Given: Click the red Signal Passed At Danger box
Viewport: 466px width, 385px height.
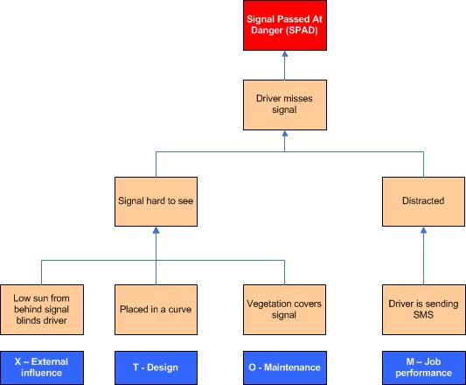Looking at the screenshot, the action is (x=285, y=25).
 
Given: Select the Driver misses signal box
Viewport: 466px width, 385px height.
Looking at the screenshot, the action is (x=285, y=105).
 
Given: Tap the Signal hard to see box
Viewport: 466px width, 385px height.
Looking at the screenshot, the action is (x=156, y=201).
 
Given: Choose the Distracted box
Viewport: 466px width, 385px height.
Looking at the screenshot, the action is (x=423, y=201).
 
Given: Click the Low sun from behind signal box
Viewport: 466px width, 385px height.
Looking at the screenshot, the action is (x=42, y=310).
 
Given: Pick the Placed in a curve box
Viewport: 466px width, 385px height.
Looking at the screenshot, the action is (x=156, y=310).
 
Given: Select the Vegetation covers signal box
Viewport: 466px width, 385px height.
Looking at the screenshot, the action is (x=284, y=310).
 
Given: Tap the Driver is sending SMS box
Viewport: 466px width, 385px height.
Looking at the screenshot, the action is (x=423, y=310).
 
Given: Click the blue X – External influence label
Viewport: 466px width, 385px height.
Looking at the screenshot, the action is (x=42, y=367).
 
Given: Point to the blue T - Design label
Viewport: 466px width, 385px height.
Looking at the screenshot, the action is (x=156, y=367).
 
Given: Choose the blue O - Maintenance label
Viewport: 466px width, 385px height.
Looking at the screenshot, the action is (x=285, y=367).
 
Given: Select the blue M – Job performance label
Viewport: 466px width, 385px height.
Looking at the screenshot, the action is (x=424, y=367).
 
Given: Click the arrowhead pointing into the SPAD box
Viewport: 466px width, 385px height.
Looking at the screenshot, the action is (x=285, y=54).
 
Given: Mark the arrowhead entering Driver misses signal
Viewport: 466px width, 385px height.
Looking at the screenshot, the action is (x=285, y=134).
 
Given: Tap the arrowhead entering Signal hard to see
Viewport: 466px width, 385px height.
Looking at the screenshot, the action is (x=156, y=230).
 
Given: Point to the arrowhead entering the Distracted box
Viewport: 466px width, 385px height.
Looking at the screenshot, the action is (x=423, y=230).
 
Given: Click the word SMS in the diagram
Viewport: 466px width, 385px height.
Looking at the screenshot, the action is (x=423, y=315).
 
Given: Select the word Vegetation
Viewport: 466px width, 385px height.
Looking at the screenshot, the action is (x=265, y=304).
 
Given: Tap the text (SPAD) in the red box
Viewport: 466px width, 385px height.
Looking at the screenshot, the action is (x=302, y=31).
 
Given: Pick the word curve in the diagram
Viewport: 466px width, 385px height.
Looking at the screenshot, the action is (x=180, y=310).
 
